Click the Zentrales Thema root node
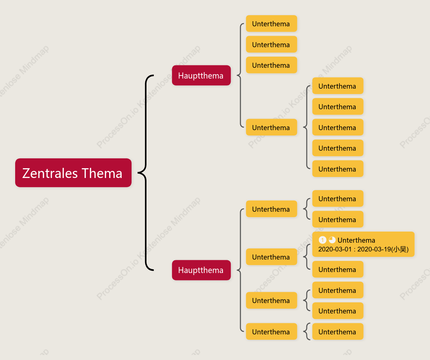point(73,173)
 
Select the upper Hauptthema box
point(201,76)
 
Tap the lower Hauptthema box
point(201,270)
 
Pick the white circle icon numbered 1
point(323,240)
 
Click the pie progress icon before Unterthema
point(332,240)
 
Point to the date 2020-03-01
point(335,249)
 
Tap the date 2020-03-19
point(374,249)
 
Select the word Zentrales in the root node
point(50,173)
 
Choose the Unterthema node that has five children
point(271,127)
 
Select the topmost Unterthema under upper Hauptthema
point(271,24)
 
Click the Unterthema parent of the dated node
point(271,257)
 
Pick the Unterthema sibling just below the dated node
point(338,269)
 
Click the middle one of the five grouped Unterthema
point(338,127)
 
